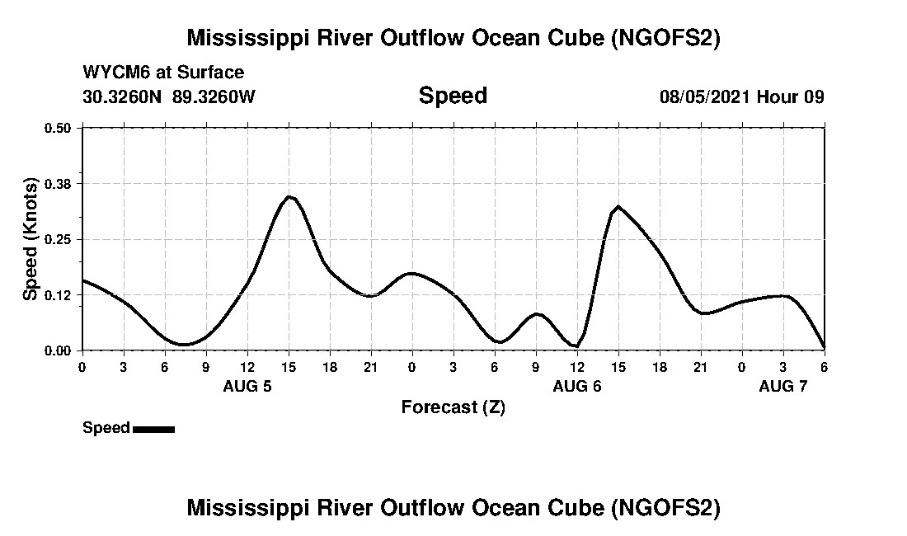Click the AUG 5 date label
click(x=247, y=386)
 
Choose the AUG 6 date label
click(x=576, y=386)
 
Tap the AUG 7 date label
click(x=782, y=386)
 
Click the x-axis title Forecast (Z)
click(x=453, y=407)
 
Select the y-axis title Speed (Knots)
click(x=31, y=239)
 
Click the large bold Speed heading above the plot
click(x=453, y=96)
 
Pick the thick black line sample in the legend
click(x=153, y=429)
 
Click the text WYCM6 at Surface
click(x=163, y=73)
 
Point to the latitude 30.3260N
click(x=123, y=96)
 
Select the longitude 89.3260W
click(x=214, y=96)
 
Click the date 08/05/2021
click(x=705, y=96)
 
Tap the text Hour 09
click(x=791, y=96)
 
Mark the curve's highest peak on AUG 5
click(x=289, y=196)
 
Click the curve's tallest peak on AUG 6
click(x=618, y=206)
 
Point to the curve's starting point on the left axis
click(x=82, y=280)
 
